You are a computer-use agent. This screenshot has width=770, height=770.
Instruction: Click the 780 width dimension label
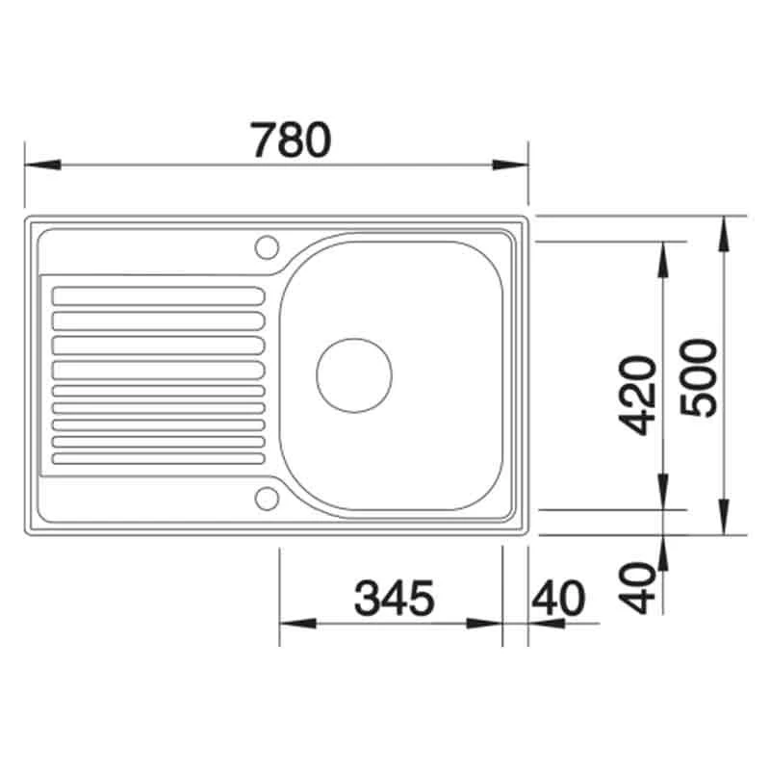tap(291, 140)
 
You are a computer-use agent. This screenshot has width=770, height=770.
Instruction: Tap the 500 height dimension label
tap(699, 377)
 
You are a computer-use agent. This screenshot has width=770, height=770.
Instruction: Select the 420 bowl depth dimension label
tap(637, 396)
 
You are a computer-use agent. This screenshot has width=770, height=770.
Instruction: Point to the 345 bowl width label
tap(395, 598)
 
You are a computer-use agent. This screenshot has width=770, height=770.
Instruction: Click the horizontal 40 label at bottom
tap(558, 598)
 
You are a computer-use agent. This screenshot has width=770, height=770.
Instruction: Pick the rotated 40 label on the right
tap(637, 588)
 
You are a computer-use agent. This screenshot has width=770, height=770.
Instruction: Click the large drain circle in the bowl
tap(354, 375)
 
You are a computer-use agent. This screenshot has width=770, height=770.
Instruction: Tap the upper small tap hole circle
tap(267, 247)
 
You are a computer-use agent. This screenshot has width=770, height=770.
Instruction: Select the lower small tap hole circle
tap(267, 499)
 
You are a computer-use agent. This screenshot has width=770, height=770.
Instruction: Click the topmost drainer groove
tap(158, 296)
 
